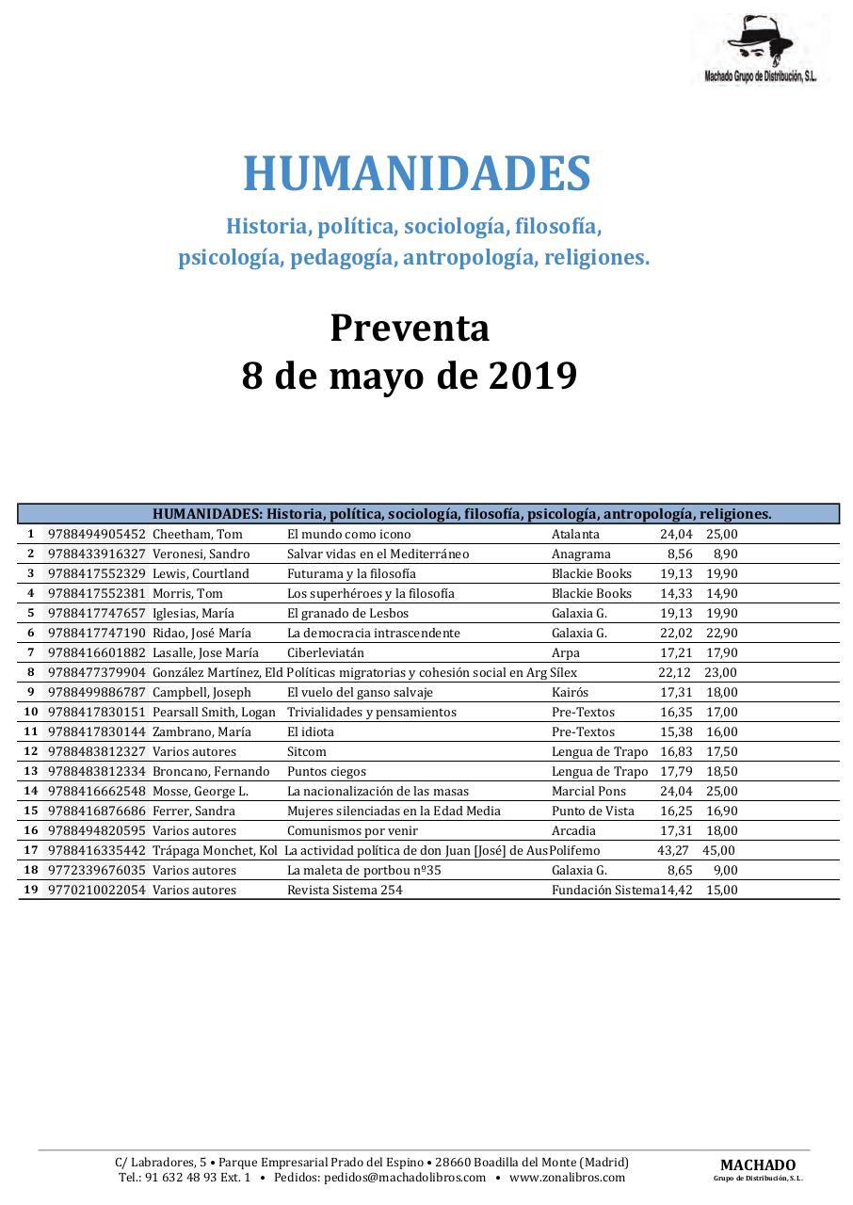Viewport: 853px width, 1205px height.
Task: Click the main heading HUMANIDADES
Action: tap(417, 174)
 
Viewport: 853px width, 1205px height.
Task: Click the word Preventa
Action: tap(410, 329)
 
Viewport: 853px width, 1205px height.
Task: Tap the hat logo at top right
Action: tap(760, 43)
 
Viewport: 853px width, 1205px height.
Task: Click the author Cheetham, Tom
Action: tap(197, 534)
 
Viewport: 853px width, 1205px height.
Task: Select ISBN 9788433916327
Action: tap(97, 554)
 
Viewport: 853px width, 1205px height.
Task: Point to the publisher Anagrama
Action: tap(581, 554)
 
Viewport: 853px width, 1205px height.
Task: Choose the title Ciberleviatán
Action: tap(325, 652)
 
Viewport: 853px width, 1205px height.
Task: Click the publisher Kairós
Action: tap(570, 692)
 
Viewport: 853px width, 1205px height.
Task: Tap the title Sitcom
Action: tap(306, 751)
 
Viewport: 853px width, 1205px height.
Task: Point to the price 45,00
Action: tap(718, 850)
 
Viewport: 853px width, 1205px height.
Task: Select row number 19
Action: tap(31, 890)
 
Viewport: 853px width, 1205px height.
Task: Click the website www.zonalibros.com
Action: tap(567, 1177)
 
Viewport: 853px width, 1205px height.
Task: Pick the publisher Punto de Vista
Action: tap(592, 811)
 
